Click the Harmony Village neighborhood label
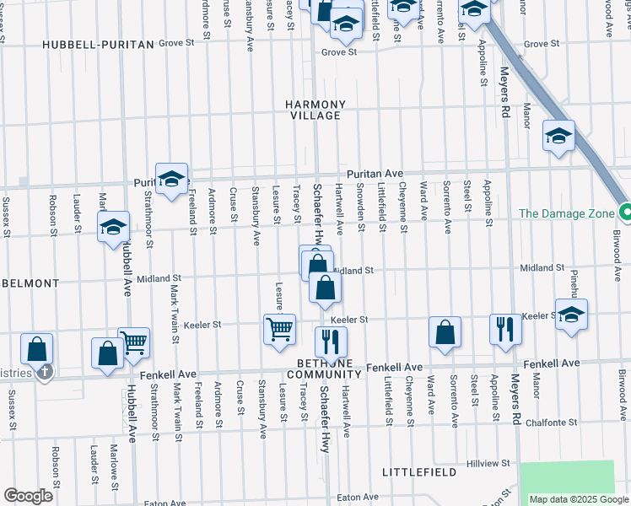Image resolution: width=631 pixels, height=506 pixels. tap(315, 110)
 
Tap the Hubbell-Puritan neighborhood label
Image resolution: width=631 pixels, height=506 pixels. tap(98, 44)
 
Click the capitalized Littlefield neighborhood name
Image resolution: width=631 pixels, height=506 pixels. tap(418, 471)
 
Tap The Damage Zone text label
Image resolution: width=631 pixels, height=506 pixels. tap(567, 213)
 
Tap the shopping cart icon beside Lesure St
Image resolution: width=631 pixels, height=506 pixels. tap(279, 328)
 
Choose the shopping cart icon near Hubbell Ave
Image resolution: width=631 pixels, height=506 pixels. tap(133, 342)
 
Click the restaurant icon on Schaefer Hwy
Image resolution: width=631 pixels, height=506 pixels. tap(330, 342)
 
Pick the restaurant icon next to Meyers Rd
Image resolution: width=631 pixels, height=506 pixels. tap(505, 329)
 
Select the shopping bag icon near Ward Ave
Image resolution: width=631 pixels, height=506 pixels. tap(445, 331)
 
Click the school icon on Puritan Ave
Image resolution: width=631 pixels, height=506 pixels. tap(171, 179)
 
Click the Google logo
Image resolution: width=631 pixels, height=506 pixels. tap(28, 496)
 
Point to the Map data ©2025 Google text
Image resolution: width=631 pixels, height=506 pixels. tap(579, 499)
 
